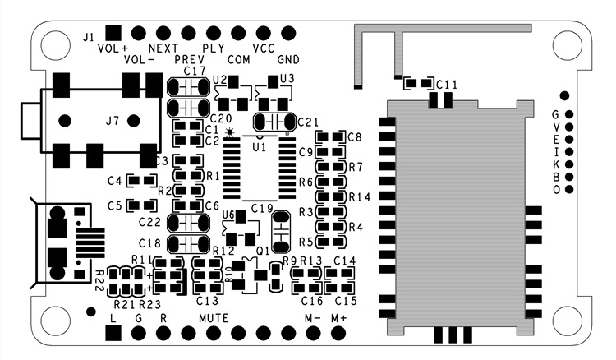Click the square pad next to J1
(113, 32)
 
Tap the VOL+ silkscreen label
(113, 48)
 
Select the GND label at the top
(289, 60)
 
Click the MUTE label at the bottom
(214, 317)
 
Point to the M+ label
(339, 317)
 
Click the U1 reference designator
(260, 146)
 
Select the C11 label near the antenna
(448, 85)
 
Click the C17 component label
(195, 72)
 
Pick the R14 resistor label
(361, 197)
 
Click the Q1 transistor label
(263, 250)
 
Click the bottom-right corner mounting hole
(565, 317)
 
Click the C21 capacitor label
(308, 122)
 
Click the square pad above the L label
(113, 332)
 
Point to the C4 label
(115, 180)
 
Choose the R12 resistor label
(223, 250)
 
